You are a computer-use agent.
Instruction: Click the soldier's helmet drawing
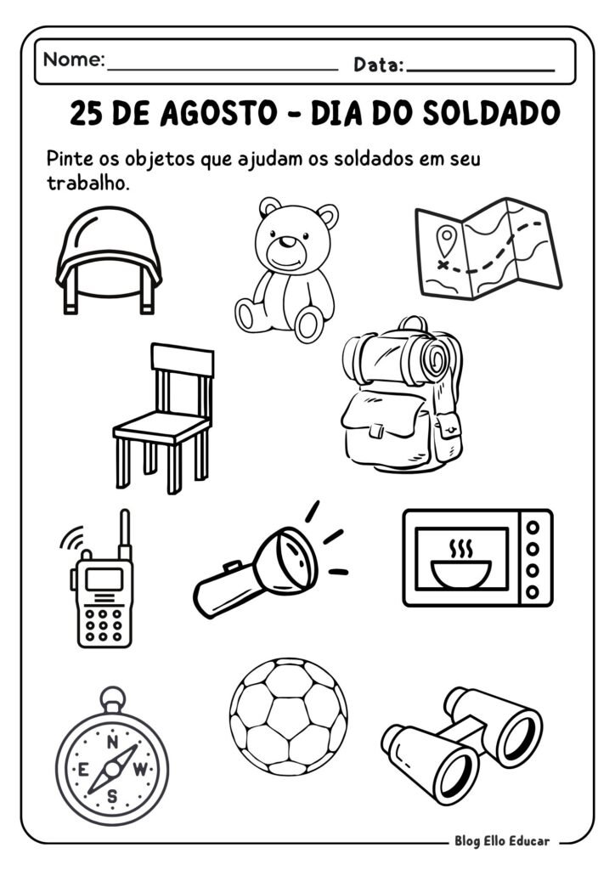108,255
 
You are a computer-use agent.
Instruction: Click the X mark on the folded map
442,264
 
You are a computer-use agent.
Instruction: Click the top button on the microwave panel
533,527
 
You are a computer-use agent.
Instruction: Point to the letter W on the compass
141,770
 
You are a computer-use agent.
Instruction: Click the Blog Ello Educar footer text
500,840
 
